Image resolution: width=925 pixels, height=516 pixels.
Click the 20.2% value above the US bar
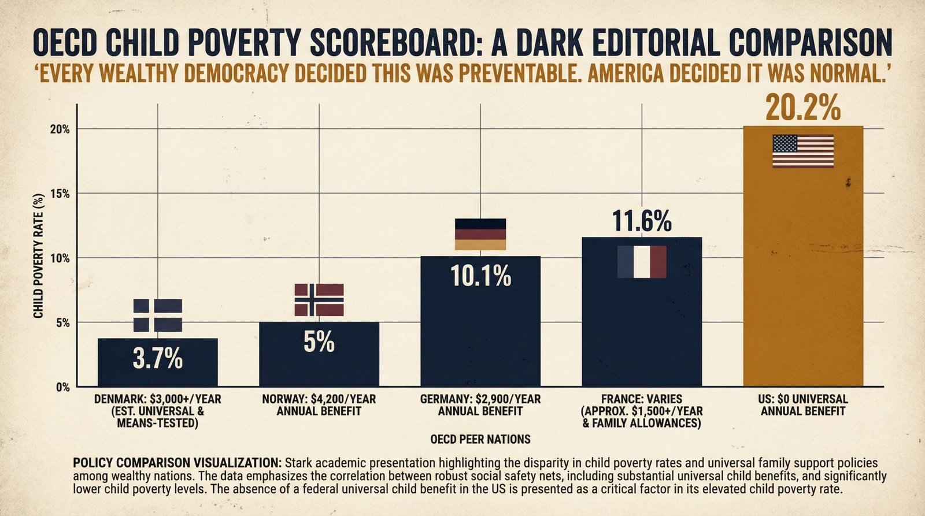tap(803, 108)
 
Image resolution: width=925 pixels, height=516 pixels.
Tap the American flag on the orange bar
tap(803, 151)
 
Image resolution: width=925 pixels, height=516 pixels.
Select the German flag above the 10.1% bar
tap(480, 234)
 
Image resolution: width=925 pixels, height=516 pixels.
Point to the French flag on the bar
tap(642, 262)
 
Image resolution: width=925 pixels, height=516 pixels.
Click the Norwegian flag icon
tap(319, 300)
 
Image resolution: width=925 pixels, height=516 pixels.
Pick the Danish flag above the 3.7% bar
tap(158, 315)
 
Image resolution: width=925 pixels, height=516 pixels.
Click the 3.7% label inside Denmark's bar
tap(158, 359)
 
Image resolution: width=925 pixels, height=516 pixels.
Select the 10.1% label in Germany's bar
tap(480, 277)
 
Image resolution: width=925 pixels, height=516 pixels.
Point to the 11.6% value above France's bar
tap(642, 221)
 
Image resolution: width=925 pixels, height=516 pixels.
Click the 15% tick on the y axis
tap(60, 194)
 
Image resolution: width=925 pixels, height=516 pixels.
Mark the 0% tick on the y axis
tap(62, 387)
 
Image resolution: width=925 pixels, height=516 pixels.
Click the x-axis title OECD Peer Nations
tap(480, 440)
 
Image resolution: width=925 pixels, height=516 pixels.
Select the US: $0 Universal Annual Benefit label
tap(803, 405)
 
